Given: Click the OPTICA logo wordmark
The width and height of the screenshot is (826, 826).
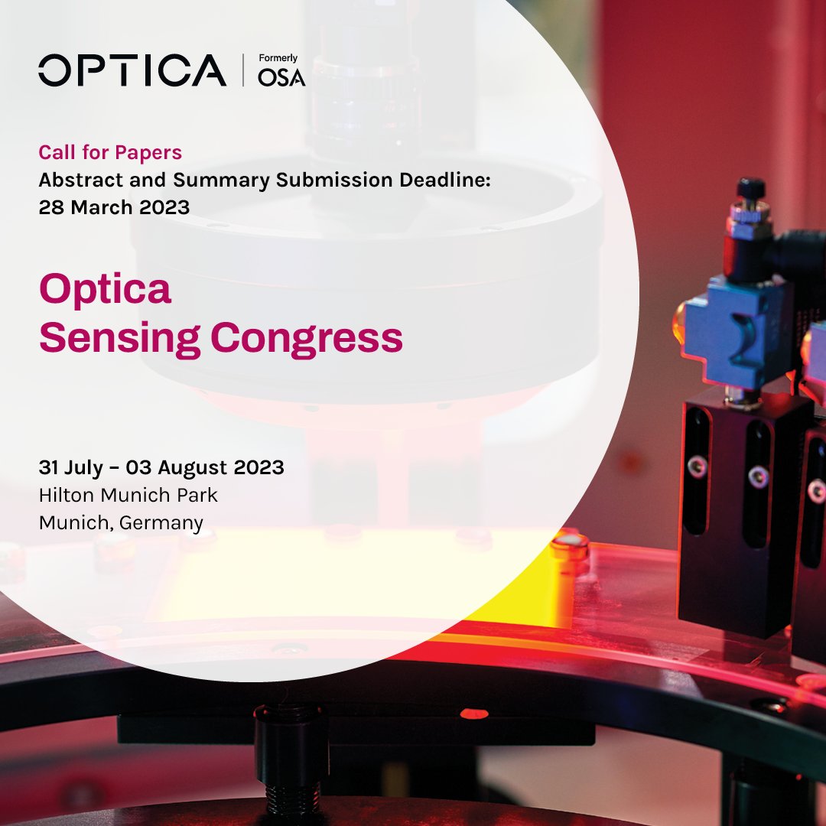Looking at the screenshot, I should click(x=132, y=70).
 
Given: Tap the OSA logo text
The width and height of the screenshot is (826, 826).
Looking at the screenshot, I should click(x=281, y=77).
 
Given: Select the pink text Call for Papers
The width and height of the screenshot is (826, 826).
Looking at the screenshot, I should click(x=110, y=152).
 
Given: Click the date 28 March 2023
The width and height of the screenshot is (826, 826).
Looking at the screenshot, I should click(x=114, y=207).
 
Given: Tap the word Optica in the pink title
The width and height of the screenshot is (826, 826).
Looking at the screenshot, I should click(x=105, y=291).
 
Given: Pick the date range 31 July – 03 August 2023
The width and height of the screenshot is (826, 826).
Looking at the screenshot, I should click(x=161, y=467).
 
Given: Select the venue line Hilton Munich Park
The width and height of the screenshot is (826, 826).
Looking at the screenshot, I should click(x=128, y=495).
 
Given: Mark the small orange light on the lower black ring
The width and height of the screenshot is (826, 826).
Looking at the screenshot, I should click(x=473, y=714).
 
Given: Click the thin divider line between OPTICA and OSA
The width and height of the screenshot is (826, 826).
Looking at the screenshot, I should click(x=242, y=70).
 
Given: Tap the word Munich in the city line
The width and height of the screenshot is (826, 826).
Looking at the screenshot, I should click(x=70, y=523).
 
